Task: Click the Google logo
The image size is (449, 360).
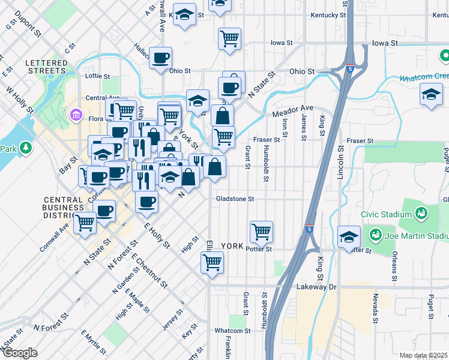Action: point(19,353)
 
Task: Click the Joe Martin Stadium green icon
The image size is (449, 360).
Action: point(375,233)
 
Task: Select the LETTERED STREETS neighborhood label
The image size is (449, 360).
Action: point(46,67)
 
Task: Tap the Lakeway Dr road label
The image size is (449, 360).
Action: point(317,287)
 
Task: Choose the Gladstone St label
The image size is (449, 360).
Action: point(236,199)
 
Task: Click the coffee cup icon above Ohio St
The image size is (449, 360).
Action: point(160,58)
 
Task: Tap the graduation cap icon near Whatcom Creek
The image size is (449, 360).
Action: point(431,95)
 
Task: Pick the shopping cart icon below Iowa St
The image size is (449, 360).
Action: point(229,39)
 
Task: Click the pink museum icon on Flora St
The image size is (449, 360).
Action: point(76,114)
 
